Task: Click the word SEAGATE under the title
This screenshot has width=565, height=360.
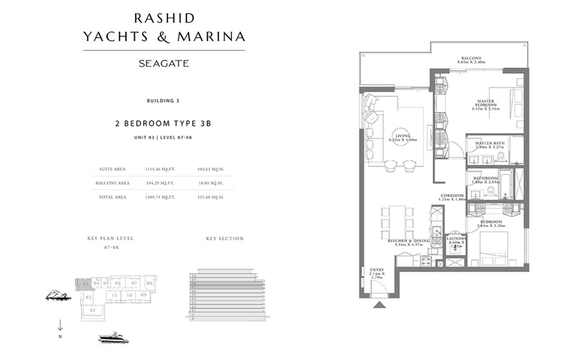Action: (x=164, y=64)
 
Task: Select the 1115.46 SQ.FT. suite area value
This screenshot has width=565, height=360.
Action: (x=160, y=169)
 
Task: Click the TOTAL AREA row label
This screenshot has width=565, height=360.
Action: (x=112, y=197)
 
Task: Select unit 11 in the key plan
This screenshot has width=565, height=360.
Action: (x=114, y=295)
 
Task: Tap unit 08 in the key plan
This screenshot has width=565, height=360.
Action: (x=149, y=283)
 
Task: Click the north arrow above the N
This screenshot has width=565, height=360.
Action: (x=60, y=325)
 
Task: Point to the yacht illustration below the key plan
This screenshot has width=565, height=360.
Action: (x=113, y=338)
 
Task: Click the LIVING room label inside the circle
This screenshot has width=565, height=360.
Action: (x=403, y=136)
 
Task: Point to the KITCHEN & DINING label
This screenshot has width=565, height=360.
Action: (x=408, y=241)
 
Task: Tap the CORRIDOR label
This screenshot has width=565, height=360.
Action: (x=453, y=196)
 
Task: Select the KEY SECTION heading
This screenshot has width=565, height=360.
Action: (x=225, y=238)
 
